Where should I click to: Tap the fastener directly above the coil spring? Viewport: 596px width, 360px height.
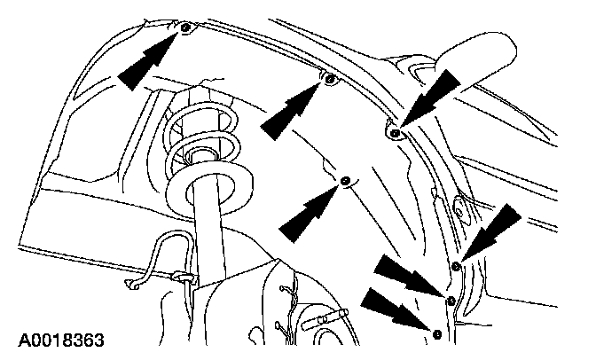[x=185, y=29]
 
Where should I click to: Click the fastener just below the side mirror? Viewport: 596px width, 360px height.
[x=393, y=133]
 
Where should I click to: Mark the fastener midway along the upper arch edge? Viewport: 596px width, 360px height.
[x=330, y=82]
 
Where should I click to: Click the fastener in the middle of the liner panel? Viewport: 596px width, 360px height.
[x=345, y=182]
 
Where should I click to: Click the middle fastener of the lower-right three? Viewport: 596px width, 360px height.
[x=450, y=300]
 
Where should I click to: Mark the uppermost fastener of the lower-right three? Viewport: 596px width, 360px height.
[x=456, y=265]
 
